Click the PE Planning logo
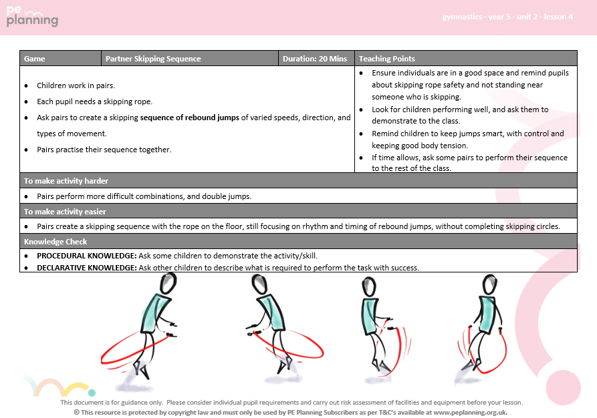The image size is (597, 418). click(33, 17)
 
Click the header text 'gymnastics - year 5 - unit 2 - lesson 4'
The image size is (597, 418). click(507, 17)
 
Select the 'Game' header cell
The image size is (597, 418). click(35, 59)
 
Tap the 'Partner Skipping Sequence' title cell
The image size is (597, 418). click(153, 59)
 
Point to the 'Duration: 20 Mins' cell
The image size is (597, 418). click(314, 59)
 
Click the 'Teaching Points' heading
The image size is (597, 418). click(387, 59)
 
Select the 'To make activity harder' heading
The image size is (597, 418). click(66, 181)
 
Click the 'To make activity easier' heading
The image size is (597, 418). click(66, 212)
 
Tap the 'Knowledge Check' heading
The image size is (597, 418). click(55, 242)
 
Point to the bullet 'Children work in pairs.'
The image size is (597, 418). click(76, 85)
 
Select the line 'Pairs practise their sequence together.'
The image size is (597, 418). click(104, 150)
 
